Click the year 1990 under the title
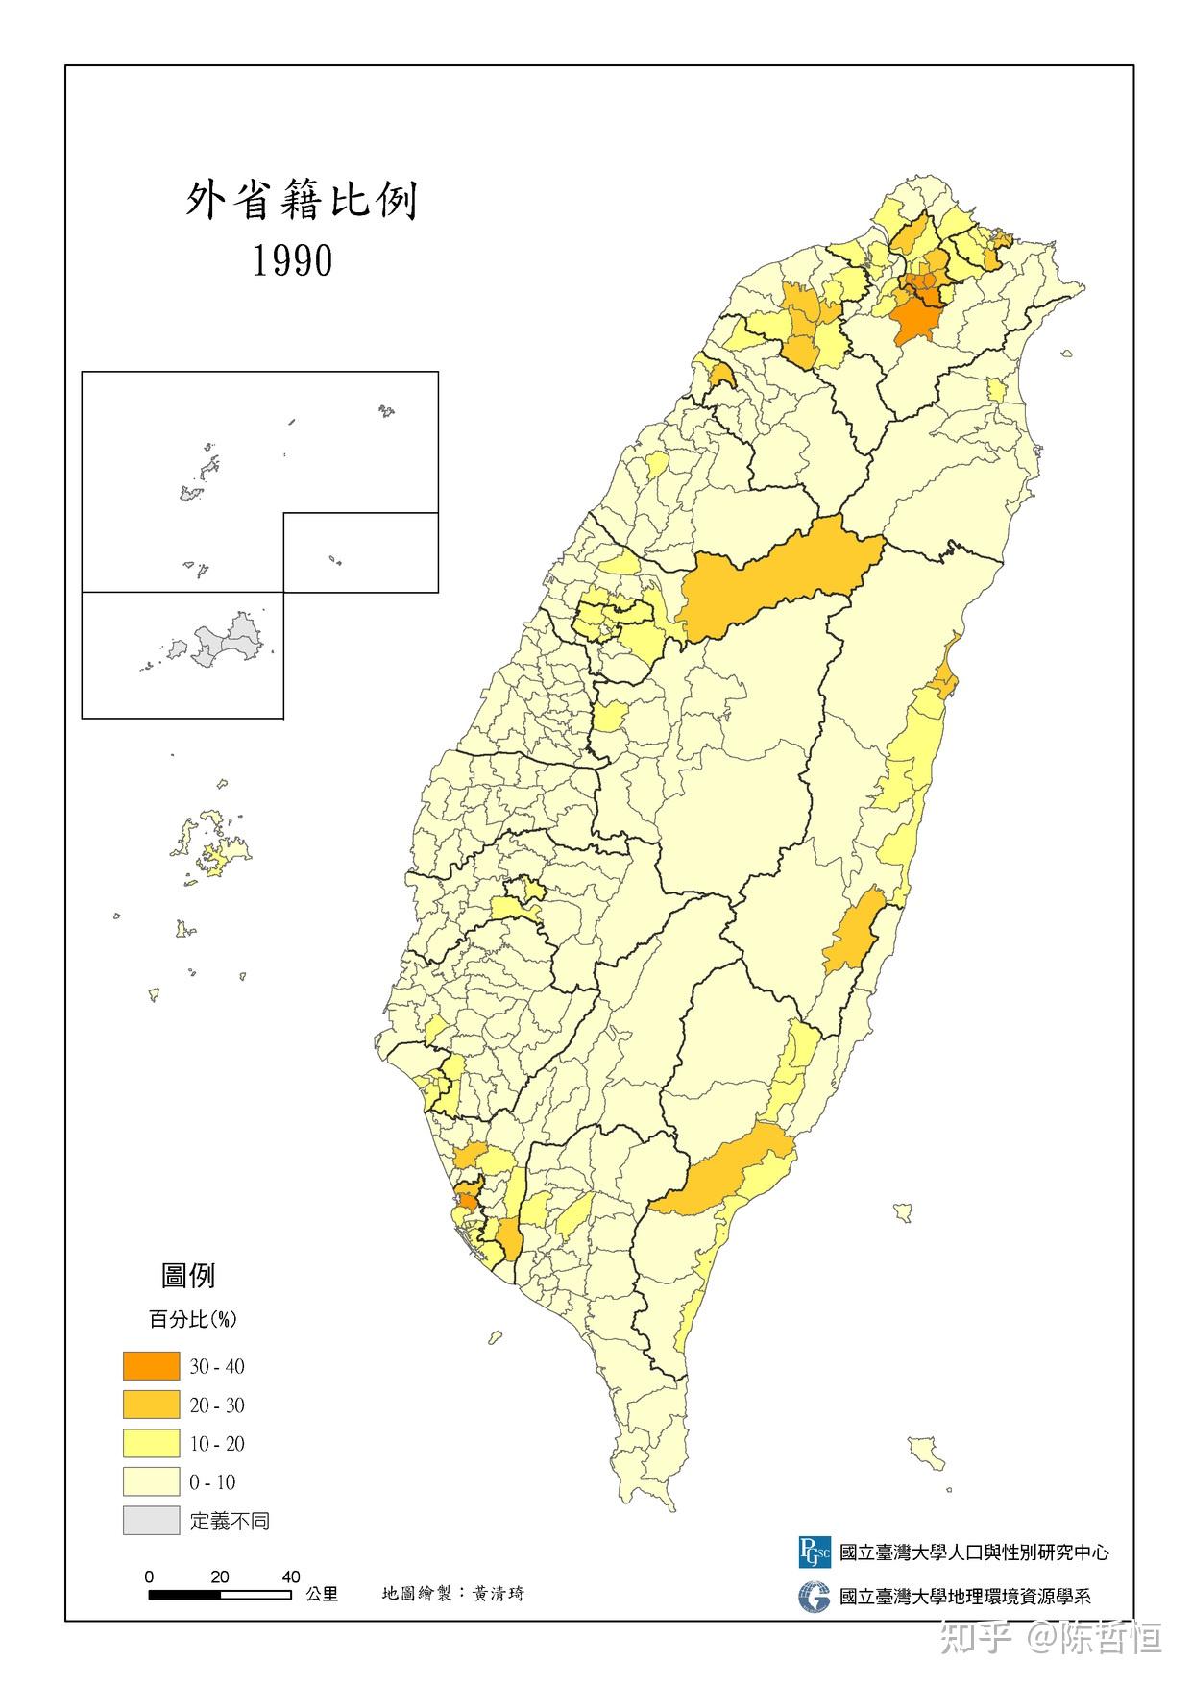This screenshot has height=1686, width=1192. [292, 260]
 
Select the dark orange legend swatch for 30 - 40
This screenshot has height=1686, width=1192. [151, 1365]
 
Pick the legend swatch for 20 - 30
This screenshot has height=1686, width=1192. [151, 1405]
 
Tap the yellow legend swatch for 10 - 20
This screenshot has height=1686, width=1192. [151, 1443]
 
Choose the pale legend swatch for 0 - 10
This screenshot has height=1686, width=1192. [151, 1481]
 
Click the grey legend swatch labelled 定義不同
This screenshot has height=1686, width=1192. [151, 1520]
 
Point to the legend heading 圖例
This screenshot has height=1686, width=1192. [188, 1276]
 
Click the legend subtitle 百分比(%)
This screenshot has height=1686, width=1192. [192, 1319]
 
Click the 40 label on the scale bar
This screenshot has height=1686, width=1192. [291, 1576]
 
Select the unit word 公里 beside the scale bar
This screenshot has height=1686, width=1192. [322, 1595]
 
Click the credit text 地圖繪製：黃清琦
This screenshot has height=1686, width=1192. [452, 1594]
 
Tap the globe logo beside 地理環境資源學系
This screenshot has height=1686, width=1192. [814, 1597]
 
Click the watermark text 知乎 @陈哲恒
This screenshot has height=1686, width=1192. [1051, 1637]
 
